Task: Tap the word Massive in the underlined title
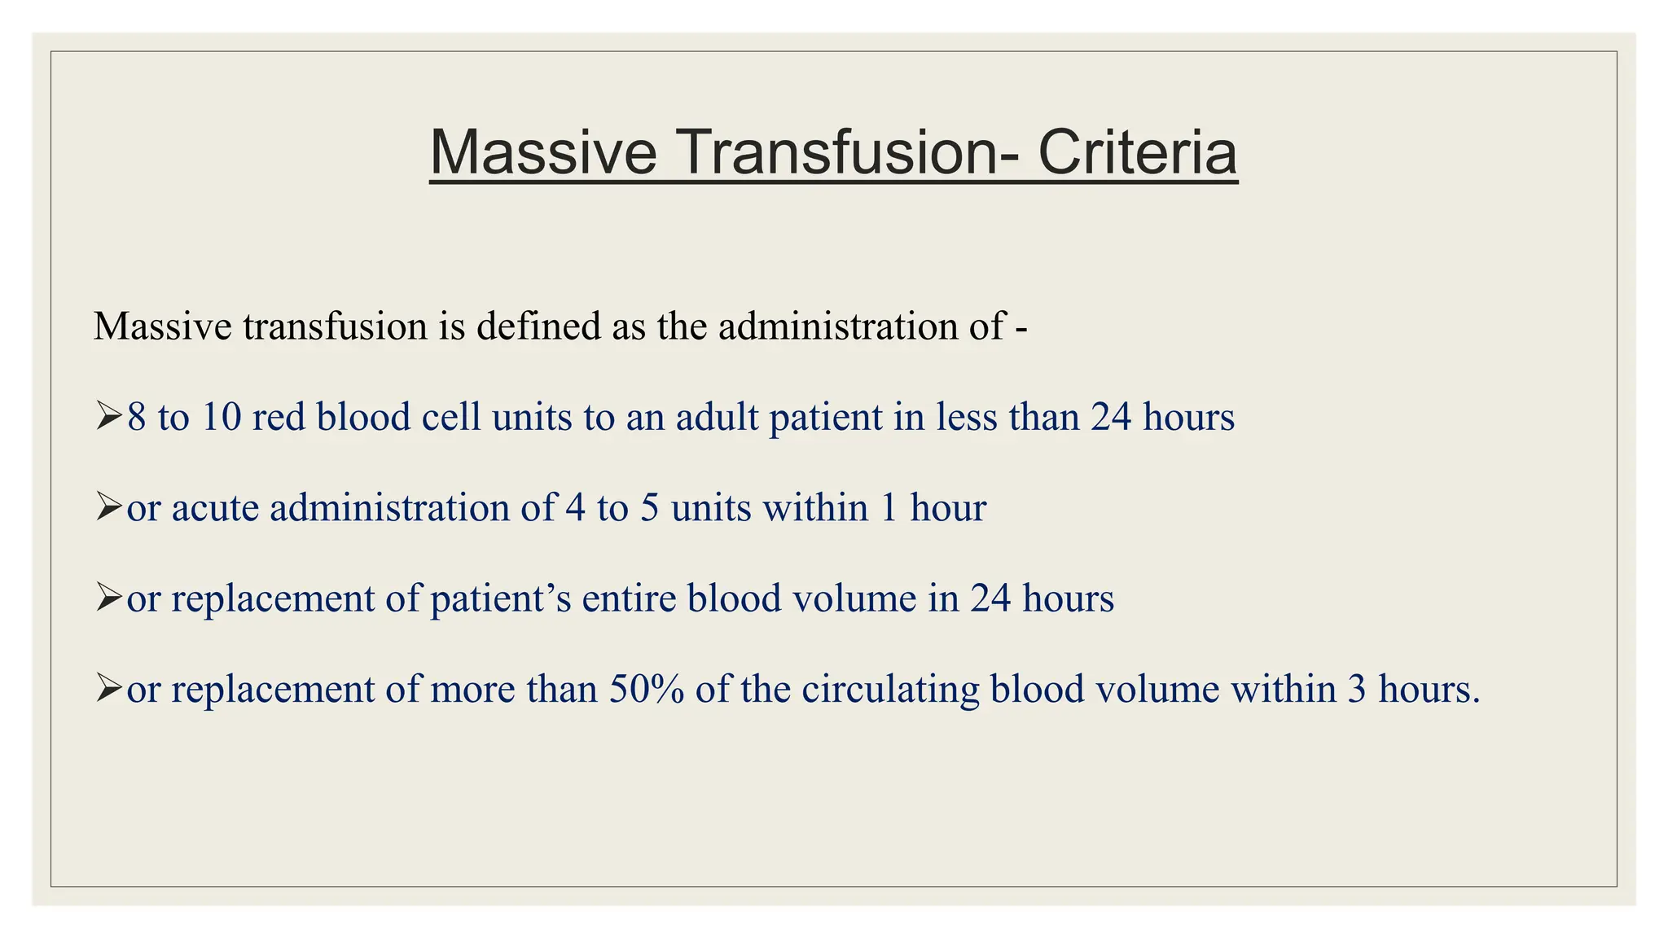coord(542,153)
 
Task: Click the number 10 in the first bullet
coord(222,417)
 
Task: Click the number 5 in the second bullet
coord(649,507)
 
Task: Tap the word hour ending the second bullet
coord(948,507)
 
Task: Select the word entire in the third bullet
coord(629,598)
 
